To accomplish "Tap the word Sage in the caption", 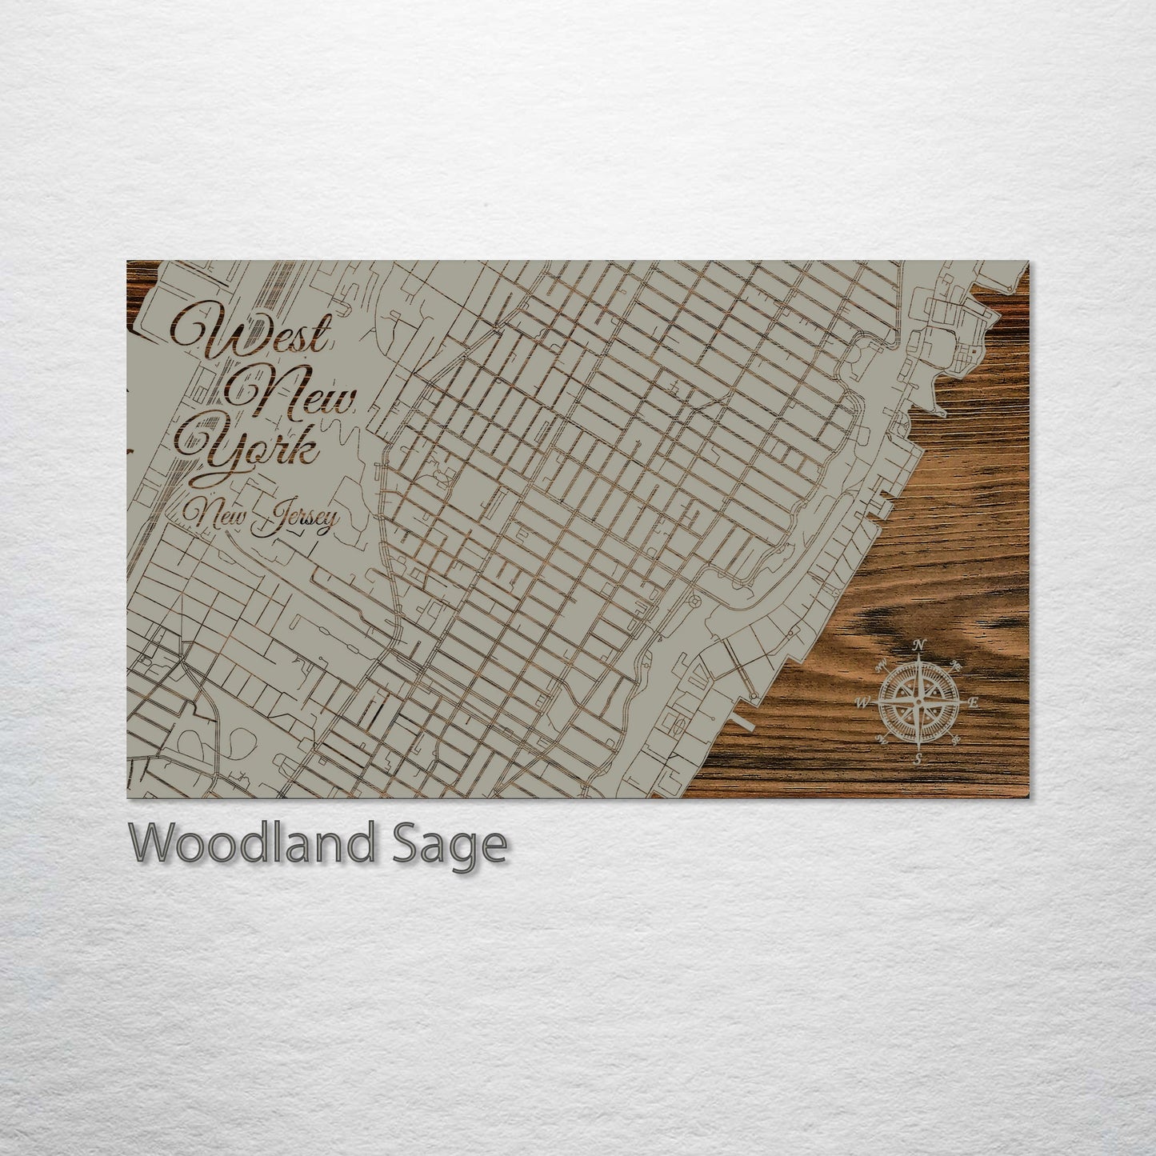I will pos(450,845).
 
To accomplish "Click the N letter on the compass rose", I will pos(919,646).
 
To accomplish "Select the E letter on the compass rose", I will pos(974,703).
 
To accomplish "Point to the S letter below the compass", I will pos(919,759).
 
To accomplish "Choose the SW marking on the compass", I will pos(882,739).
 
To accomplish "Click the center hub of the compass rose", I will pos(919,702).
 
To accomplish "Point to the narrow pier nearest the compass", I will pos(744,723).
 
